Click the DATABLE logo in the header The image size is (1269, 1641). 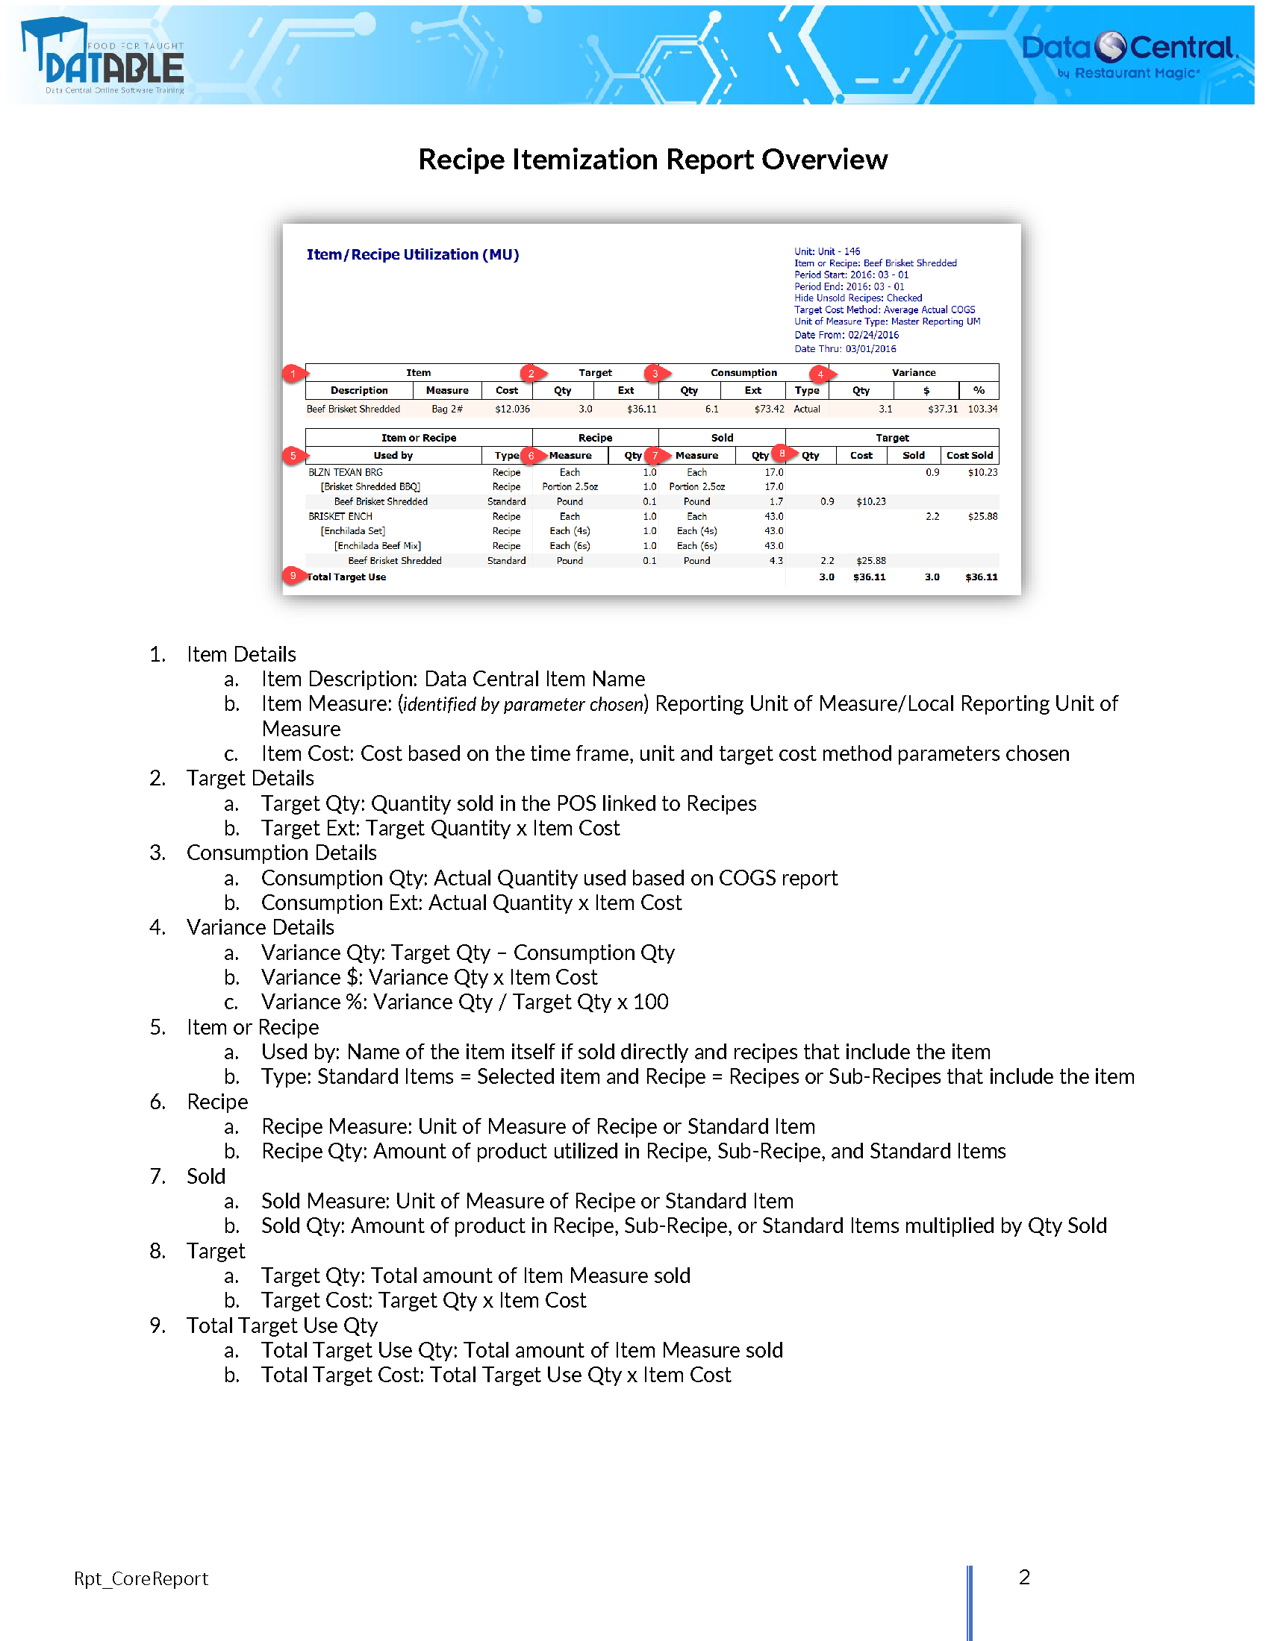[x=102, y=57]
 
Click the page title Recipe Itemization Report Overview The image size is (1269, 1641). [x=652, y=160]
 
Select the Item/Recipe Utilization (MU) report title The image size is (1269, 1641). [x=413, y=254]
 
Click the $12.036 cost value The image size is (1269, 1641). [x=512, y=410]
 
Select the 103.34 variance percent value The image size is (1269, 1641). [x=982, y=410]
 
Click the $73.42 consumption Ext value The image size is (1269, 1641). [x=769, y=410]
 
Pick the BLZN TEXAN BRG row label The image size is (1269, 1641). [x=345, y=473]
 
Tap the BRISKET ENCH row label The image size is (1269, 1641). [x=340, y=516]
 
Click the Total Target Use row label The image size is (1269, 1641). [x=346, y=577]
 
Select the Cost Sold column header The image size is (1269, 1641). [x=969, y=455]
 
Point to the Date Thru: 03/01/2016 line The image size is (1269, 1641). [x=845, y=348]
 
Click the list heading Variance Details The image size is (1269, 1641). [x=260, y=927]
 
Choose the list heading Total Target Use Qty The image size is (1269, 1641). [x=282, y=1325]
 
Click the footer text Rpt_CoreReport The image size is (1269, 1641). [x=140, y=1578]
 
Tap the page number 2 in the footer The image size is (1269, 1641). [x=1024, y=1577]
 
